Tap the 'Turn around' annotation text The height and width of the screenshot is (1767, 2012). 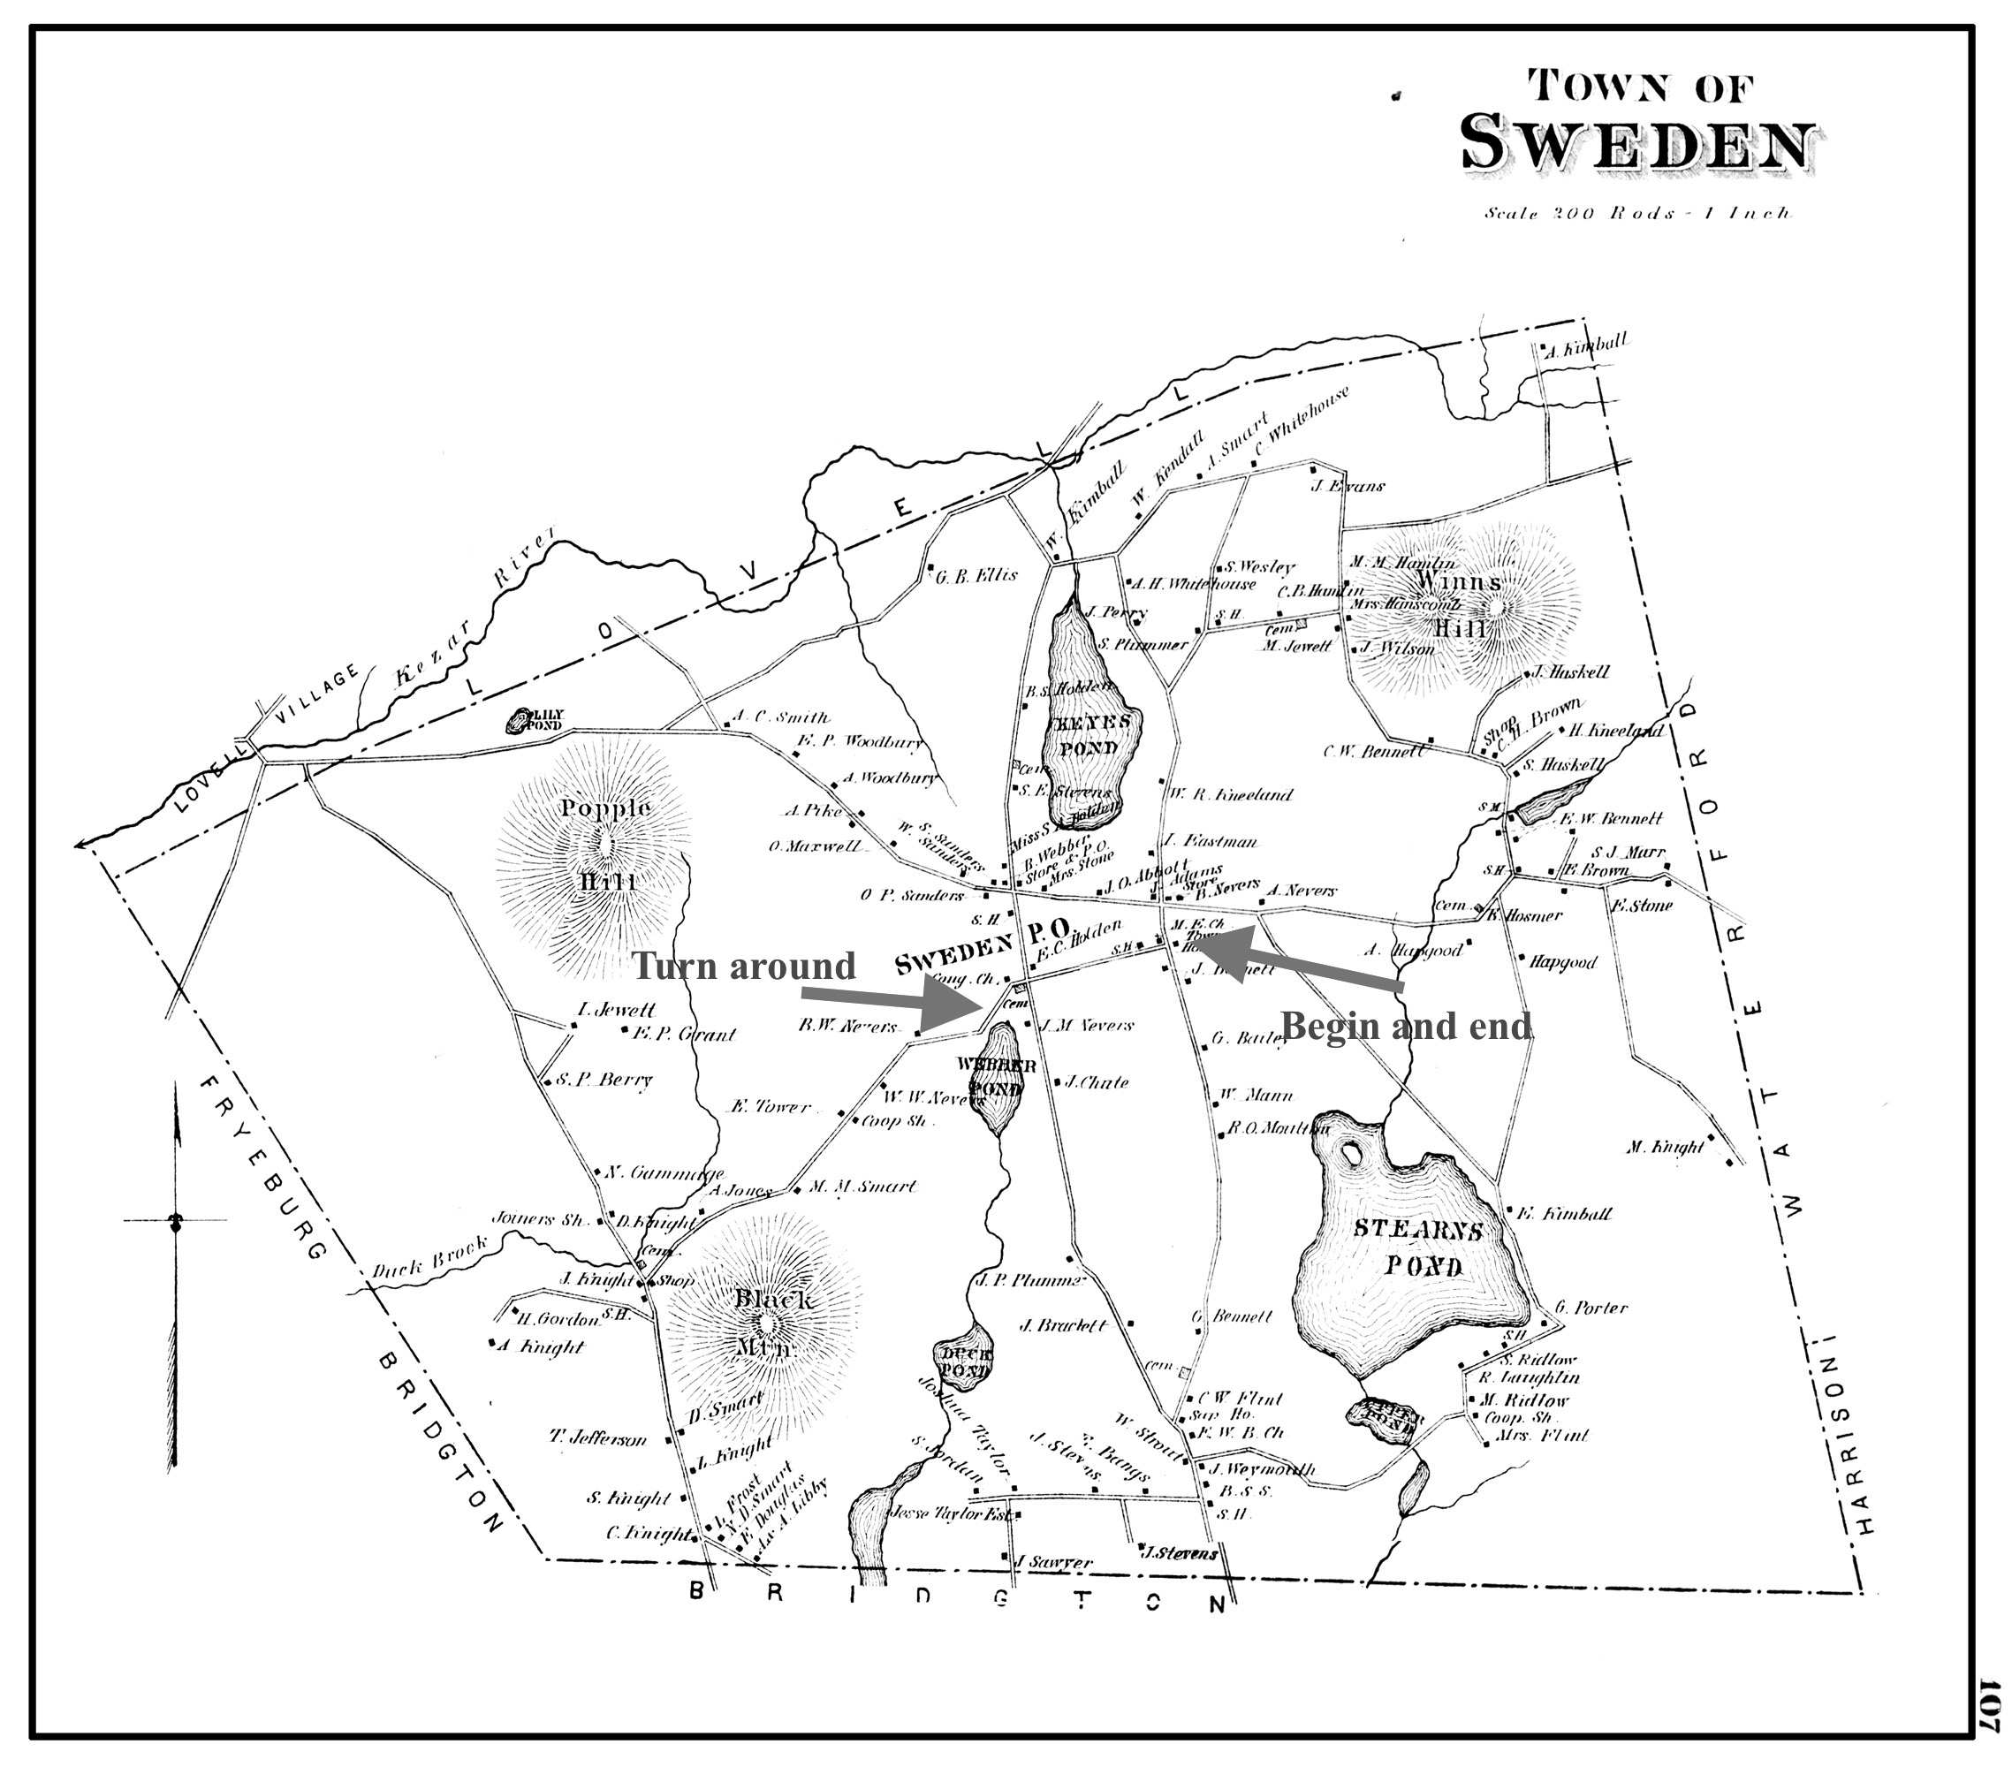click(743, 966)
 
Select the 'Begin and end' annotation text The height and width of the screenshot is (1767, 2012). click(1406, 1027)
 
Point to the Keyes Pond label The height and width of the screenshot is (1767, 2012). click(1088, 734)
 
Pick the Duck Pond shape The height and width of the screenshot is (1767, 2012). click(962, 1360)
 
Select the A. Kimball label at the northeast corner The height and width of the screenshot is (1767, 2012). click(1587, 344)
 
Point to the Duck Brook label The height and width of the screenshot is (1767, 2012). click(429, 1258)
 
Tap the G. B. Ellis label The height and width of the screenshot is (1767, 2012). click(976, 576)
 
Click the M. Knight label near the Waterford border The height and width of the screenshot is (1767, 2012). click(1665, 1147)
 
